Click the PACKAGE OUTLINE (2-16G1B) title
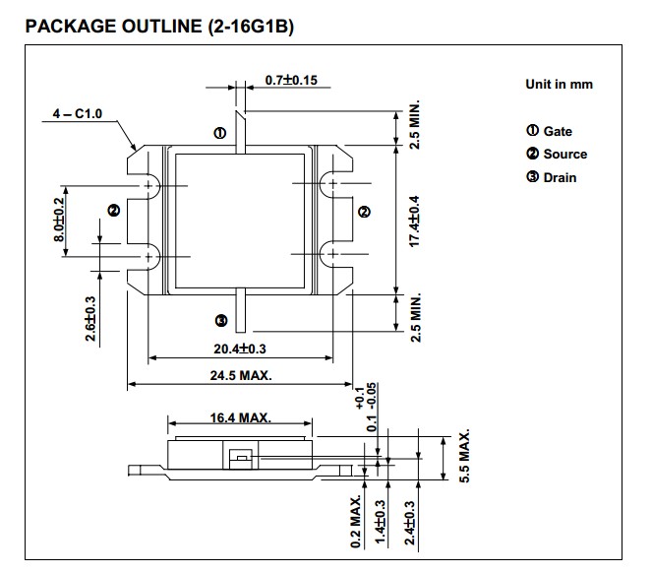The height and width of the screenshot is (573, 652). (157, 26)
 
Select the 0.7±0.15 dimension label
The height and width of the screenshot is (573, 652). (290, 81)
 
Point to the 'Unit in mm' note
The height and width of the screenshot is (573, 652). (559, 85)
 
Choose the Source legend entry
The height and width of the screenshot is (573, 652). (557, 154)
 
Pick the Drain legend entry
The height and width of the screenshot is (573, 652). (552, 177)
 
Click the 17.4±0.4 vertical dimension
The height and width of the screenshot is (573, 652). (415, 220)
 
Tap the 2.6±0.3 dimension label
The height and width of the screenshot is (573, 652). (90, 318)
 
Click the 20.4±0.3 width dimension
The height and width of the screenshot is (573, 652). (241, 349)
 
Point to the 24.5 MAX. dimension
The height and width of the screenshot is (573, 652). (241, 375)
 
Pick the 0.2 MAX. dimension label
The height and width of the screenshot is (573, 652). (356, 522)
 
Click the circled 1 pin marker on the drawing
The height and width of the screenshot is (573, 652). (220, 133)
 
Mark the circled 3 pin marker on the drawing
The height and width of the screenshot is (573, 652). (220, 320)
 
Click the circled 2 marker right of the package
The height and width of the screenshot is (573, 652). (365, 212)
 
